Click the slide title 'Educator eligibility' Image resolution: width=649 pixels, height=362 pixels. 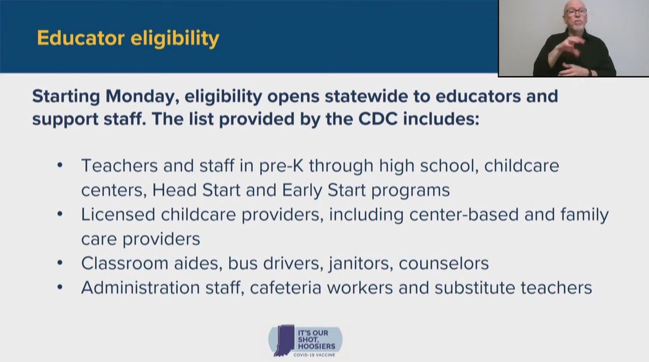128,39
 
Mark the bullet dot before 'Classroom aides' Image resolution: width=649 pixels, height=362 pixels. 61,264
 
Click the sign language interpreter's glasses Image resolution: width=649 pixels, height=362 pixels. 574,12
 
